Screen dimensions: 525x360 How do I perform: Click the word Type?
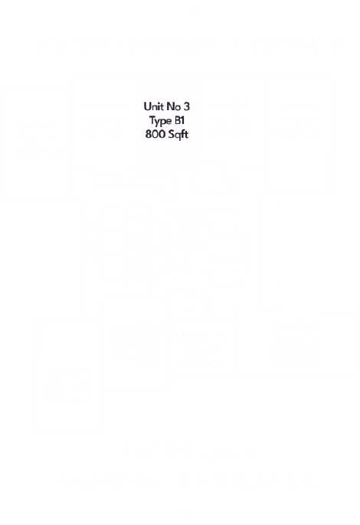click(x=160, y=121)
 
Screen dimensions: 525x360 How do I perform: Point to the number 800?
click(x=154, y=134)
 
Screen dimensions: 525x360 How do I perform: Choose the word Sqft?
click(x=178, y=135)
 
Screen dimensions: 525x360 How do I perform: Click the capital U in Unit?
click(x=147, y=106)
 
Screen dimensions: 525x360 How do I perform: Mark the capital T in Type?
click(x=152, y=120)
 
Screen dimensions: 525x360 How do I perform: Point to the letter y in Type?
click(x=157, y=122)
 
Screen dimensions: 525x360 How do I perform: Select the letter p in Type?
click(x=162, y=122)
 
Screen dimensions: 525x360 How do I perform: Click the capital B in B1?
click(x=178, y=120)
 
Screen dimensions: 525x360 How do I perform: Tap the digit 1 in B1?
click(x=184, y=120)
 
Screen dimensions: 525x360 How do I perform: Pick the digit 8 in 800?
click(x=148, y=134)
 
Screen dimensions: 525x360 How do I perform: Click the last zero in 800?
click(x=160, y=134)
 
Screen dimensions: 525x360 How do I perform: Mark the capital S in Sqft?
click(x=171, y=134)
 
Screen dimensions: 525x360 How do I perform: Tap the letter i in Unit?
click(x=159, y=106)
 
